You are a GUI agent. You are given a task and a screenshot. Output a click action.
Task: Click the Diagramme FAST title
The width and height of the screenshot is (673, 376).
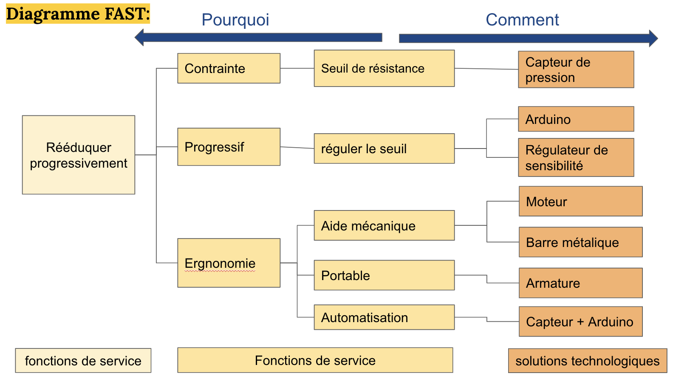(x=78, y=14)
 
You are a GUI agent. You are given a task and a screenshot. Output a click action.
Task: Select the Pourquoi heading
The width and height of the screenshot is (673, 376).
(x=235, y=20)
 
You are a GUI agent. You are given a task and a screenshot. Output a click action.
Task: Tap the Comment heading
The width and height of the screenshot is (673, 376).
(x=522, y=20)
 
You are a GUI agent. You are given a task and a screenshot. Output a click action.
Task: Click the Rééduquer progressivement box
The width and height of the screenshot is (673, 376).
(x=79, y=155)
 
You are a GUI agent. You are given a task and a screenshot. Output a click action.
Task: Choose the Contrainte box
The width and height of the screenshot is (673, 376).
(x=229, y=68)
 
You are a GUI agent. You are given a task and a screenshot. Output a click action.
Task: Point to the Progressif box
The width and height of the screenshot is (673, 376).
(x=229, y=147)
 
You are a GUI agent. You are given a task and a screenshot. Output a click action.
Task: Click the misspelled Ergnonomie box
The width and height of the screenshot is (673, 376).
(x=229, y=263)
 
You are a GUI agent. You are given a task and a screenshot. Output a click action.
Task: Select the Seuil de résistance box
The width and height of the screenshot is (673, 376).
(x=384, y=68)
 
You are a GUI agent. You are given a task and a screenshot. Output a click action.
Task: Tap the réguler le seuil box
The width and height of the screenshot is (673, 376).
(x=384, y=149)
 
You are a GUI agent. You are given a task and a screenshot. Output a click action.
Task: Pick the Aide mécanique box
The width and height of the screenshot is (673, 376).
(x=384, y=225)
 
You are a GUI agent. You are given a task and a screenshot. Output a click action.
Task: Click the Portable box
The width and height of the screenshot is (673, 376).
(x=384, y=275)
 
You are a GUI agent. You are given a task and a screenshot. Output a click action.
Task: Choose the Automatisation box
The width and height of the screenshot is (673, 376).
(x=384, y=317)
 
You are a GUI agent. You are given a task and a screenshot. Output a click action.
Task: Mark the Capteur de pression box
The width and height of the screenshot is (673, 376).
(x=576, y=70)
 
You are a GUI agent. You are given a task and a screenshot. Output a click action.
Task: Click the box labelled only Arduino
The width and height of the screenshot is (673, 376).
(x=576, y=119)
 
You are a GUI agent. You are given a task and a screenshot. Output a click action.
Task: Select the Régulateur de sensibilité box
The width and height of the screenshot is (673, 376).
(x=576, y=157)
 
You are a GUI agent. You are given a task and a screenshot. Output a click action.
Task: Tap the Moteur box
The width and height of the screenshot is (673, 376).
(x=580, y=202)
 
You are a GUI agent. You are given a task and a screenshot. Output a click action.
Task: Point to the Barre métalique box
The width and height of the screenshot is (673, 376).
(x=580, y=242)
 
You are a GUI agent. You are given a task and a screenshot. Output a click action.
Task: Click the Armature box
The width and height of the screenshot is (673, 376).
(x=580, y=283)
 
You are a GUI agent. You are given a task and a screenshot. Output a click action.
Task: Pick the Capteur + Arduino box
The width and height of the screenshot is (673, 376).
(x=580, y=322)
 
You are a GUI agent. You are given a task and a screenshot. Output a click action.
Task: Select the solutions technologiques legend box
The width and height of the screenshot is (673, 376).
(x=587, y=361)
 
